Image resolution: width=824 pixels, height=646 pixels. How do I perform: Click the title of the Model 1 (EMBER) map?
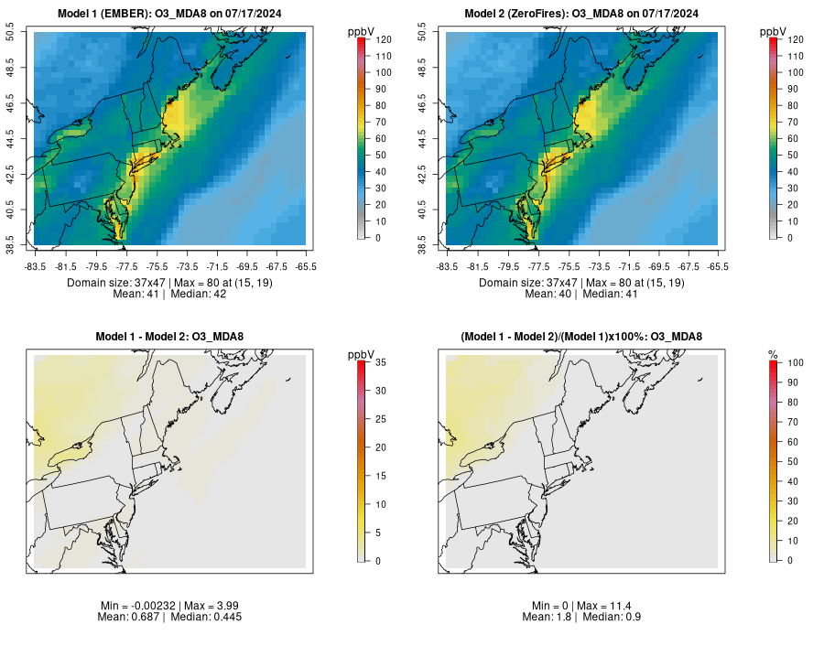[174, 14]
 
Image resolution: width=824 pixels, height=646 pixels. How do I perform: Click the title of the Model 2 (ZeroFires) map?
[586, 14]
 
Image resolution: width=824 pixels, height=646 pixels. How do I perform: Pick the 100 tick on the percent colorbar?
[794, 363]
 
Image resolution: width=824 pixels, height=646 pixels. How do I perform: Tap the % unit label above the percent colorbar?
[773, 354]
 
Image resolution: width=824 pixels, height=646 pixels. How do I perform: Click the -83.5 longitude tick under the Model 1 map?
[35, 266]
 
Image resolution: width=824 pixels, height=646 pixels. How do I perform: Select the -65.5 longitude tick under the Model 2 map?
[718, 266]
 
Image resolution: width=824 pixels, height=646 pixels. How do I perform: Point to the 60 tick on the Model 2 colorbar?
[792, 138]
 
